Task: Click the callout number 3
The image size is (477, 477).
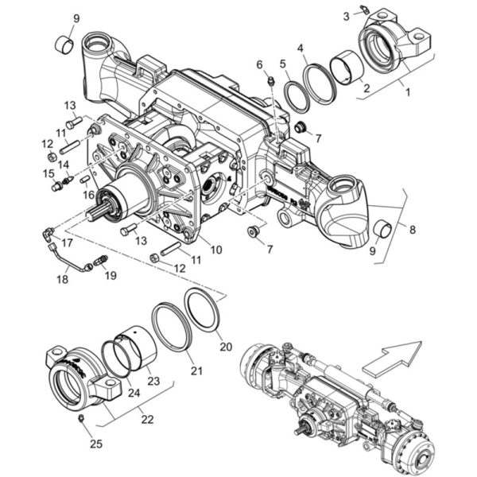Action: (346, 16)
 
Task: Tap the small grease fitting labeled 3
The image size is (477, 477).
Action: (364, 10)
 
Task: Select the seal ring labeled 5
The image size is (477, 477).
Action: (297, 97)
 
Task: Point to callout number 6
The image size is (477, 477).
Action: (259, 64)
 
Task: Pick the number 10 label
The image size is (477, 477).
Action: (216, 250)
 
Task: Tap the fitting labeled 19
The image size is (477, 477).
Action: (101, 261)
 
